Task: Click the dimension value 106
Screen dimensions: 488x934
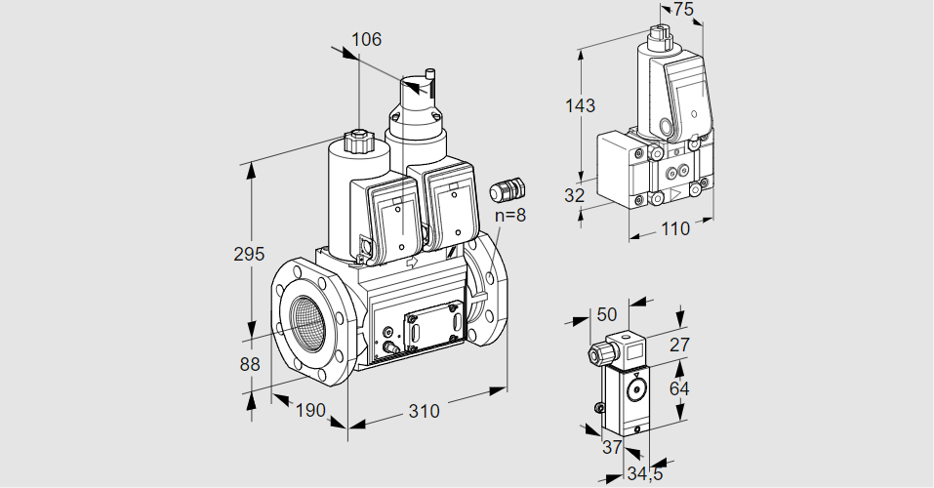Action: click(x=366, y=40)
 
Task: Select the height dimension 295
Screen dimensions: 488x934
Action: click(x=249, y=255)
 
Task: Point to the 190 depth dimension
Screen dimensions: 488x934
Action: click(x=309, y=411)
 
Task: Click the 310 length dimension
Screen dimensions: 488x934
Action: click(x=424, y=411)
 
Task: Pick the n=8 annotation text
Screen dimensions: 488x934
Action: click(x=508, y=215)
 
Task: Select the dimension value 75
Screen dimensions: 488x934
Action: click(x=683, y=10)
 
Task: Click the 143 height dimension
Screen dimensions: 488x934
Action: click(x=580, y=105)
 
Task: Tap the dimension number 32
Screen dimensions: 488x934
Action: click(x=575, y=195)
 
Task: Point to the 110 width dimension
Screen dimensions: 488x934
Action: click(x=673, y=229)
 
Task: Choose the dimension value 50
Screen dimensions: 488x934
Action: click(x=607, y=314)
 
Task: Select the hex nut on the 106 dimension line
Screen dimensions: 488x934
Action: click(x=358, y=140)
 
